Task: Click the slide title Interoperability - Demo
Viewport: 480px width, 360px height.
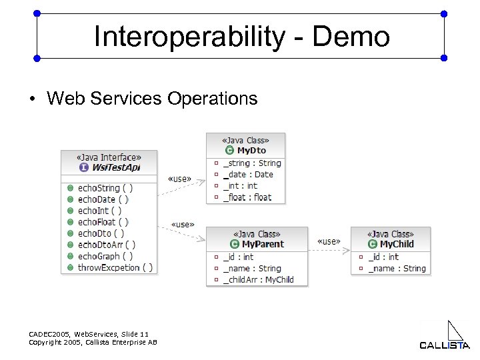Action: (241, 37)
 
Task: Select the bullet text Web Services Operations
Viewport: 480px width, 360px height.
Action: (152, 99)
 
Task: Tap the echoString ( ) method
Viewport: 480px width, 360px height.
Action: (105, 188)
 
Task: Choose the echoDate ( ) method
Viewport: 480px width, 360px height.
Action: (103, 199)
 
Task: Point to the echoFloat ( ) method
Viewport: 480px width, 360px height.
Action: (103, 222)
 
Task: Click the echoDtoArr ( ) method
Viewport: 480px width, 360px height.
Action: (106, 245)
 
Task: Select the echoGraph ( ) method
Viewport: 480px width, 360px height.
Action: (105, 256)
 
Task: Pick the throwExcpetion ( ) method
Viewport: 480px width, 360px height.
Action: (115, 267)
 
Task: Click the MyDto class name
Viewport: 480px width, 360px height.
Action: (251, 151)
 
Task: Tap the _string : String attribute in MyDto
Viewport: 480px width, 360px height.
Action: (252, 163)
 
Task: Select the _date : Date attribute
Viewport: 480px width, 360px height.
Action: (248, 175)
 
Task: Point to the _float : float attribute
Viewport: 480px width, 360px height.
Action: (247, 197)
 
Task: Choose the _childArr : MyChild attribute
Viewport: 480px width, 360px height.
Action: (258, 279)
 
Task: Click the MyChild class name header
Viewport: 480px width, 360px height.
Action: (396, 244)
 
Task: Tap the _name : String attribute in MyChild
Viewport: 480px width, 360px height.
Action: (397, 268)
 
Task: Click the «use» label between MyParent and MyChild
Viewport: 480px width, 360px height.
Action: (329, 241)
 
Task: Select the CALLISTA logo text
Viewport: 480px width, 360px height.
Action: (445, 345)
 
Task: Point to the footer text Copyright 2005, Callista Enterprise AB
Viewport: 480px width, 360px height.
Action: (93, 342)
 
